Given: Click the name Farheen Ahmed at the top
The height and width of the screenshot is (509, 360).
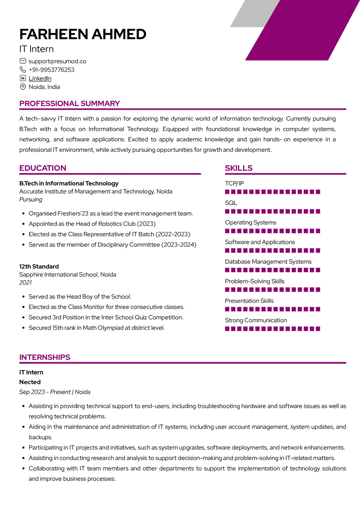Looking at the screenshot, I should (x=83, y=34).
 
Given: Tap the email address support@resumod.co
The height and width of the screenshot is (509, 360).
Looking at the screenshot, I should (x=57, y=61).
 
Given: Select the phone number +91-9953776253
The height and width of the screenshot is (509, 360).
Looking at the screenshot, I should (x=51, y=70).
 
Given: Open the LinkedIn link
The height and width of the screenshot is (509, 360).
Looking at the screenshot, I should (x=40, y=78).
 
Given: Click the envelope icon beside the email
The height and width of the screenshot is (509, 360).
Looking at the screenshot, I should (x=23, y=61).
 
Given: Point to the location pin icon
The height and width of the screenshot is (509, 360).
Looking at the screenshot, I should (x=23, y=87).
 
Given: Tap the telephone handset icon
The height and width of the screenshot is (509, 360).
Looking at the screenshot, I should (x=23, y=70).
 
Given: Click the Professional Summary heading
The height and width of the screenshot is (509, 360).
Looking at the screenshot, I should (x=69, y=104).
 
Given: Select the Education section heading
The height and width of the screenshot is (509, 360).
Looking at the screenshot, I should (x=43, y=168).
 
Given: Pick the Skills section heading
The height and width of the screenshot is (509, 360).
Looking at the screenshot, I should (x=239, y=168).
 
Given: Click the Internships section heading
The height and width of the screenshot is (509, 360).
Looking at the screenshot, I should (x=45, y=357).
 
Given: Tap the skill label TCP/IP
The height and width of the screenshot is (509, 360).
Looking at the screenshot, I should (x=234, y=183).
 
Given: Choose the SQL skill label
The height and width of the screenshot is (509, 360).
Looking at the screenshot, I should (x=231, y=203).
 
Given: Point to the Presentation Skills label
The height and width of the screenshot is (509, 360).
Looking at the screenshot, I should (x=249, y=301).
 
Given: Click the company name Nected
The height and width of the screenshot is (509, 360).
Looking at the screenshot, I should (x=30, y=382).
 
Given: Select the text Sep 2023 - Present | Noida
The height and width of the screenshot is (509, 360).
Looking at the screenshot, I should (x=55, y=392).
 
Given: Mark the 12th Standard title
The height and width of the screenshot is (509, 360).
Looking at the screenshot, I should (x=39, y=267).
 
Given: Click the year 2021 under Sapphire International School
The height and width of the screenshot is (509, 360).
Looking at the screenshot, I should (x=26, y=283).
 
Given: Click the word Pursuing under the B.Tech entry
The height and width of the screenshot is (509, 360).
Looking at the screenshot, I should (x=31, y=200).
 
